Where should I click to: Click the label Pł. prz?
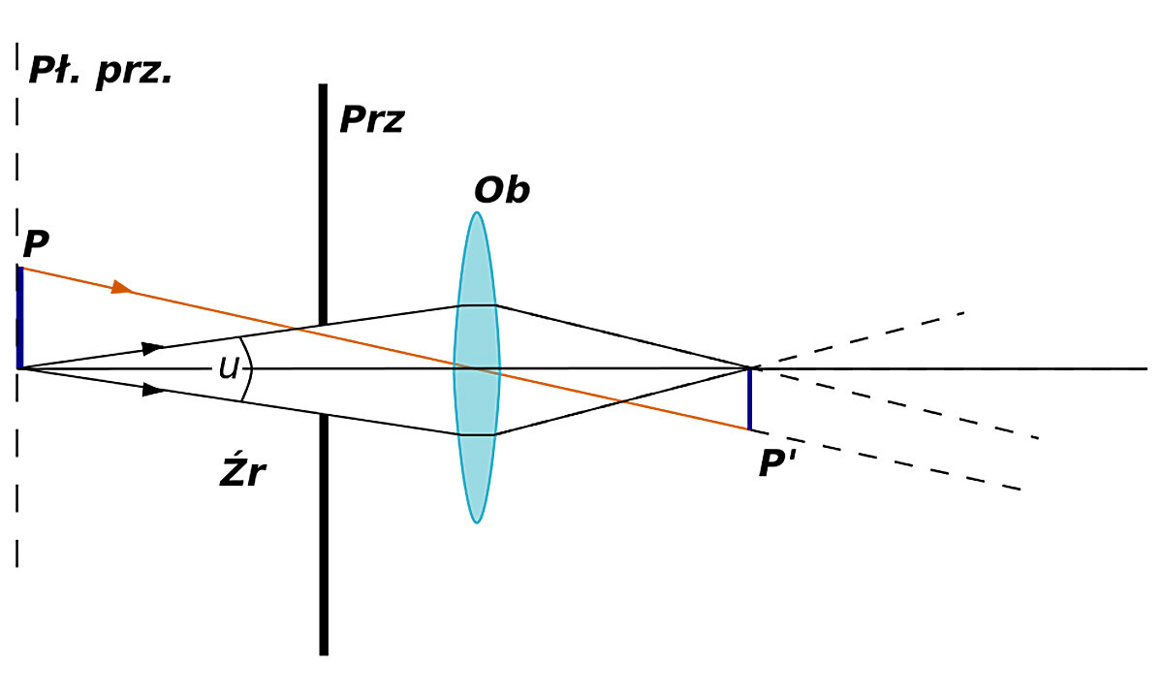click(101, 71)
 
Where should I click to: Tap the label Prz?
click(371, 121)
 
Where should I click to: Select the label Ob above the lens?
click(502, 191)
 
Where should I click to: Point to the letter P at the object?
click(36, 245)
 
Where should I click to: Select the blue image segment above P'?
click(749, 398)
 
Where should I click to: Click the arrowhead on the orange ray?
click(121, 287)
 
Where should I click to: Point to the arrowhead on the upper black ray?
click(152, 347)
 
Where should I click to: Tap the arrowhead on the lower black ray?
click(152, 390)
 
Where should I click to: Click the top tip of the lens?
click(476, 213)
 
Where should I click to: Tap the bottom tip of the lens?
click(476, 523)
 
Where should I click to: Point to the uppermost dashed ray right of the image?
click(872, 336)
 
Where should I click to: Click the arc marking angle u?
click(248, 369)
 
